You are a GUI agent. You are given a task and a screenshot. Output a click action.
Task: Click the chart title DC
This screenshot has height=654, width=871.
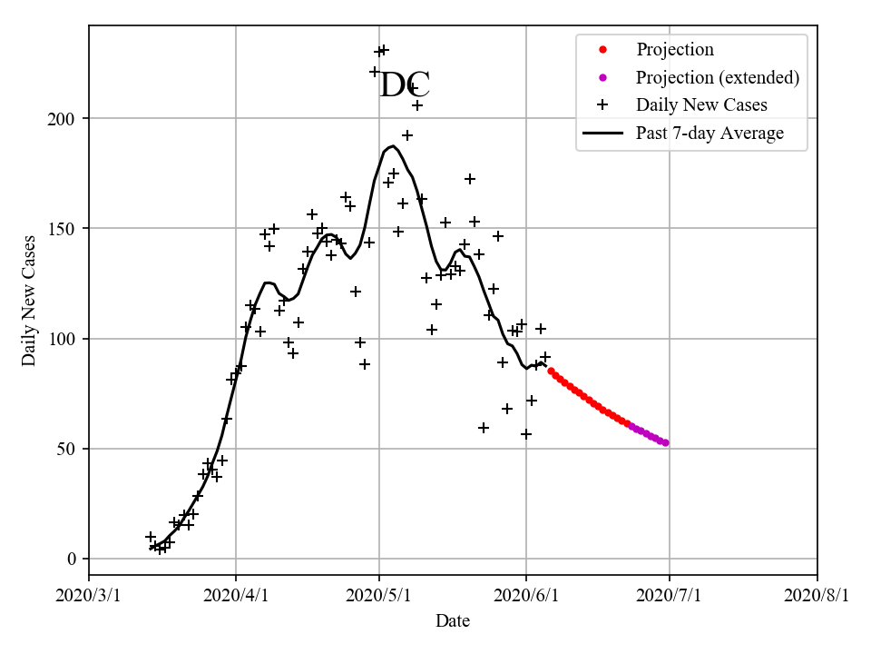(x=404, y=85)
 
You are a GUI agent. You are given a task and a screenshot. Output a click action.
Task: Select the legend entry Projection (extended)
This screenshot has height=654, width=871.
(x=718, y=77)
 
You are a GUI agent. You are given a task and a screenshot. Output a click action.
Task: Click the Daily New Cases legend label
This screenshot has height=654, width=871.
(x=701, y=104)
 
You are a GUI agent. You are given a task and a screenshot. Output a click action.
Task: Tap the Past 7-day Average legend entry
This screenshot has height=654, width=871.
(x=710, y=134)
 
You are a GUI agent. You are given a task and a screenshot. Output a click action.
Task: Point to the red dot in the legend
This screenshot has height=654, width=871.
(x=602, y=49)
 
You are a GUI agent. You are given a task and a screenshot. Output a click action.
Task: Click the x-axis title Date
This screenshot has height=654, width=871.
(x=453, y=621)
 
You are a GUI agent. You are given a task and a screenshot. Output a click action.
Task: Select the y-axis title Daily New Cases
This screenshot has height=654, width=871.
(x=30, y=301)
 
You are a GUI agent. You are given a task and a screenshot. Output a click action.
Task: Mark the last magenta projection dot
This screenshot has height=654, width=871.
(x=665, y=442)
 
